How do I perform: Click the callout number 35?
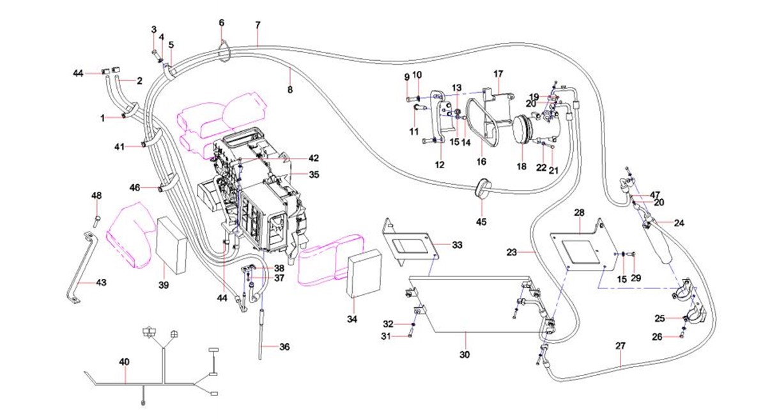click(313, 174)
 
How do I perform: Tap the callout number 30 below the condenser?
click(465, 354)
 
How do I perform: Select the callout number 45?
click(481, 221)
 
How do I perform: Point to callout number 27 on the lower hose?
click(620, 345)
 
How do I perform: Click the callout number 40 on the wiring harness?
click(124, 362)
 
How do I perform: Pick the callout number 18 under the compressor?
click(522, 166)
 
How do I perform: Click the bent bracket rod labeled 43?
click(82, 269)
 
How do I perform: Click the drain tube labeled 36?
click(262, 333)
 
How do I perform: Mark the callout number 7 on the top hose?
click(258, 25)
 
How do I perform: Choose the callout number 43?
click(102, 282)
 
